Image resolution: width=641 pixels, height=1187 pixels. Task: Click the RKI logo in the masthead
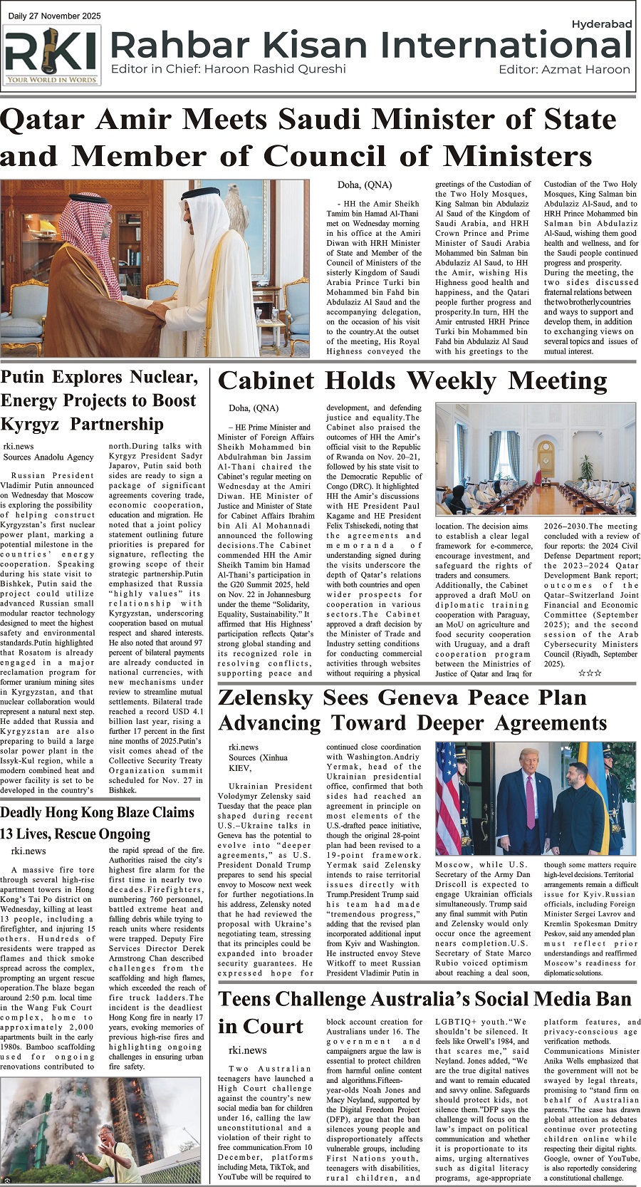(52, 56)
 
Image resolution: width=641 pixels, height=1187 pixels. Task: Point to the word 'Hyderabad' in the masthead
(601, 24)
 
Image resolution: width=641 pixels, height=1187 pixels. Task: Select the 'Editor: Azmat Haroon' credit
(564, 70)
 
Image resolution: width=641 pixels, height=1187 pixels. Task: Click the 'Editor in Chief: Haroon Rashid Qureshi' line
(228, 69)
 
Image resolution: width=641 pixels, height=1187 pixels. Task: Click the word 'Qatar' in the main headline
(42, 120)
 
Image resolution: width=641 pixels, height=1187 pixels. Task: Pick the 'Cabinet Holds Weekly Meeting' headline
(412, 381)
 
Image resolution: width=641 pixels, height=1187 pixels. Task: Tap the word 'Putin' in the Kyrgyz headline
(31, 377)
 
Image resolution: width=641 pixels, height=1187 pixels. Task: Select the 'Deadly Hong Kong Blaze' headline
(98, 813)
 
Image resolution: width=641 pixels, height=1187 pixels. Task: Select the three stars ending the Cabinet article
(589, 673)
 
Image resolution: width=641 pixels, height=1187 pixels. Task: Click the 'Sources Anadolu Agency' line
(48, 457)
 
